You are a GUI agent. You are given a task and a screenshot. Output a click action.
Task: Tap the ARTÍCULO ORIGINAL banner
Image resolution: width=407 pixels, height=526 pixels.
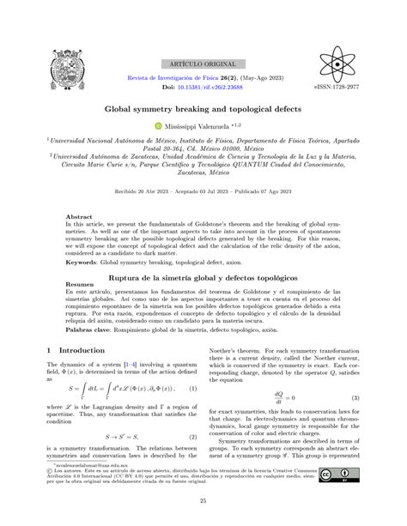[x=203, y=64]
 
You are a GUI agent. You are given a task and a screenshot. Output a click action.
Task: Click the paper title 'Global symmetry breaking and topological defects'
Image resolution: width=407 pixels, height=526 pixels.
[x=203, y=110]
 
